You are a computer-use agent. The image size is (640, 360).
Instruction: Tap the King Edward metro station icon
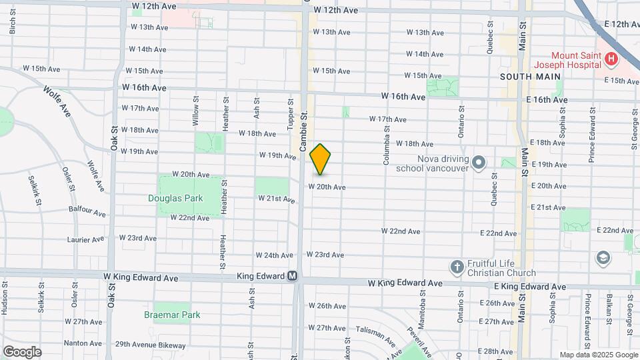[x=293, y=277]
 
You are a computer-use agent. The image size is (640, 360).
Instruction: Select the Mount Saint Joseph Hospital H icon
[x=611, y=60]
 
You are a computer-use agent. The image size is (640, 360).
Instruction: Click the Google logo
[x=22, y=351]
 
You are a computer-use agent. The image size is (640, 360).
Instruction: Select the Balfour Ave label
[x=87, y=211]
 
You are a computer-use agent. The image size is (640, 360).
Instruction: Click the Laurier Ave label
[x=85, y=239]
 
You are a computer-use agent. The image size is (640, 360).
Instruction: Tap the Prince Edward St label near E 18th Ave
[x=591, y=141]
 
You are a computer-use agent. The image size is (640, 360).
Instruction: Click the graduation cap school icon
[x=603, y=257]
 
